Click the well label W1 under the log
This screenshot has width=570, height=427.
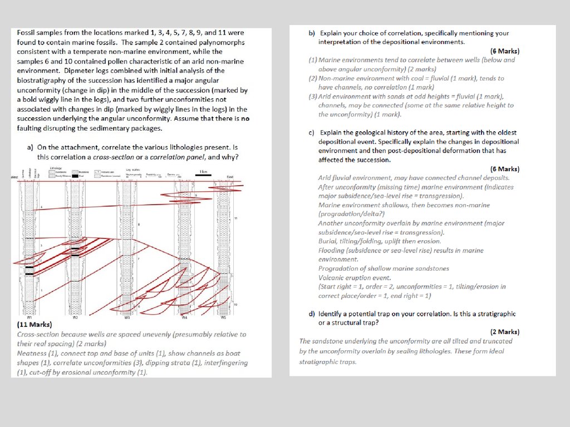(29, 318)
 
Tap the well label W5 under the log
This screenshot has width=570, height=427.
(223, 318)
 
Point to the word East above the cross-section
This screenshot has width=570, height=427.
(230, 177)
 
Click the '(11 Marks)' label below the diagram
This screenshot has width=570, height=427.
(35, 325)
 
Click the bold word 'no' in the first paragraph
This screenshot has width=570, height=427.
(245, 118)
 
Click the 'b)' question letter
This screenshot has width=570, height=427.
(312, 33)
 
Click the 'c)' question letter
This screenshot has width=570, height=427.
(312, 133)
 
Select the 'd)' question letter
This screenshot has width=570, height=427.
(312, 314)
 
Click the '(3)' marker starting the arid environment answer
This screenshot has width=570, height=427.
(313, 96)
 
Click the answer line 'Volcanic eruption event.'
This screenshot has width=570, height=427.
(355, 278)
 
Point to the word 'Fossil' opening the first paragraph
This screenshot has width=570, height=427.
(27, 33)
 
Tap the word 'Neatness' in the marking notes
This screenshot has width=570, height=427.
(33, 354)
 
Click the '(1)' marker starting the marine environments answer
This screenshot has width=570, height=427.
(313, 60)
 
